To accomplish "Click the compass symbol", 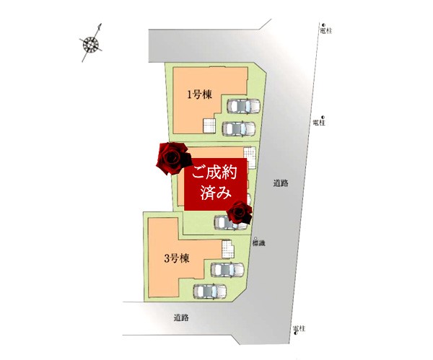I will pyautogui.click(x=91, y=43).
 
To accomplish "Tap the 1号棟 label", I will pyautogui.click(x=198, y=95).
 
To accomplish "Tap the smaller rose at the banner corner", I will pyautogui.click(x=240, y=212).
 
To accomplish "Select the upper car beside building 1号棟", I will pyautogui.click(x=244, y=106).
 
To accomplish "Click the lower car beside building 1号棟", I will pyautogui.click(x=237, y=129).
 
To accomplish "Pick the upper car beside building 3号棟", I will pyautogui.click(x=226, y=270).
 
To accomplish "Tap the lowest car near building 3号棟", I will pyautogui.click(x=210, y=291).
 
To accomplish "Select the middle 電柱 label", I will pyautogui.click(x=319, y=123).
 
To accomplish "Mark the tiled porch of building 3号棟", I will pyautogui.click(x=229, y=251).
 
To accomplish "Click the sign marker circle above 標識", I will pyautogui.click(x=256, y=237).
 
